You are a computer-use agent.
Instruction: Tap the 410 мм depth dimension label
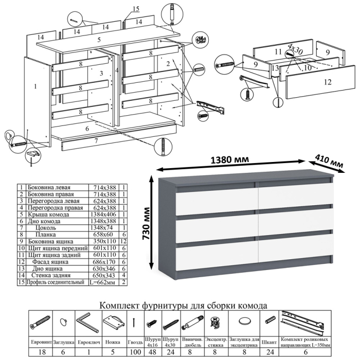tap(330, 159)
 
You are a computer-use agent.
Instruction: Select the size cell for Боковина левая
tap(104, 188)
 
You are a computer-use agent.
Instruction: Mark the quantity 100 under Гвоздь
tap(135, 352)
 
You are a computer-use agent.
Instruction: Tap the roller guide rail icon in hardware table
tap(304, 322)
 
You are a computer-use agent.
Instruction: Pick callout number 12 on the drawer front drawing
tap(327, 81)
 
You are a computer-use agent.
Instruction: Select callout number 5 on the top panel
tap(99, 40)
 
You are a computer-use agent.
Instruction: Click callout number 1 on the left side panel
tap(35, 87)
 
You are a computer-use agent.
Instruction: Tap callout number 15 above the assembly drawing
tap(136, 9)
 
